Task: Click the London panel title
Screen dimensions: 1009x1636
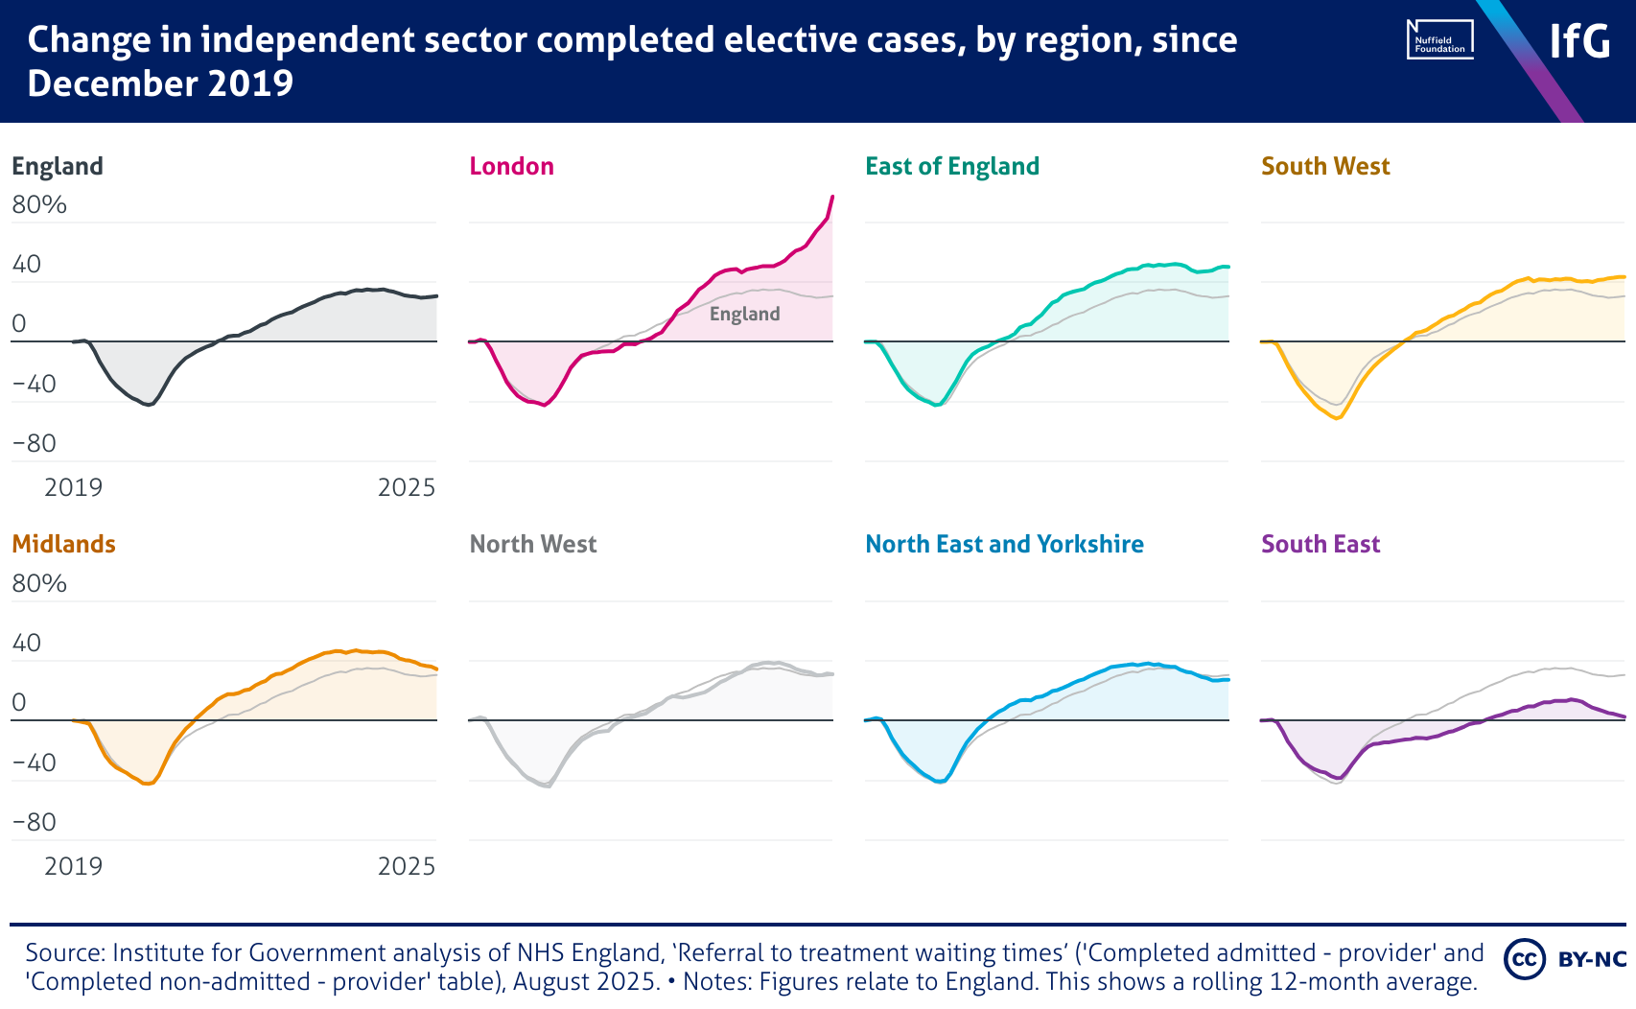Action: pos(511,166)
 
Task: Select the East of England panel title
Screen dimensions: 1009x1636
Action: pos(951,166)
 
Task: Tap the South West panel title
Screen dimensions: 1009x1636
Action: pos(1324,166)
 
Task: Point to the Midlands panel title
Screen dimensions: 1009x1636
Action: pos(63,544)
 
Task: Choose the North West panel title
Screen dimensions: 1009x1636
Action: pos(532,544)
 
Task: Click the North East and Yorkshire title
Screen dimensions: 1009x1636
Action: pos(1004,544)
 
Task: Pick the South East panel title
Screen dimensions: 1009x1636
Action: pos(1320,544)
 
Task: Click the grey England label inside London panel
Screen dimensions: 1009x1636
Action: pos(744,314)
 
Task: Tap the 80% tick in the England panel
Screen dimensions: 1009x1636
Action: pos(39,204)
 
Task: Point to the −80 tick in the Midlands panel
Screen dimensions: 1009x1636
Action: pos(34,822)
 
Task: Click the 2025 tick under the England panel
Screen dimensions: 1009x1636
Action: pos(406,487)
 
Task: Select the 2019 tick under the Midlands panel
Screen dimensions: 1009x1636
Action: pos(73,866)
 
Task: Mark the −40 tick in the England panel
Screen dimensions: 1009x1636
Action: pos(34,384)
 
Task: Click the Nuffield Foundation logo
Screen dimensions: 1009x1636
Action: pos(1439,40)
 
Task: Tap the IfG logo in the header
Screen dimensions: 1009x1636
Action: pos(1579,41)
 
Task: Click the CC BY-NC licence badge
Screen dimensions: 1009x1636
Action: pos(1565,959)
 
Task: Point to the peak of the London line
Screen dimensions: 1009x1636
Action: pos(831,197)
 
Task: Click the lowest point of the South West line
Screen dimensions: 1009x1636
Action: pos(1337,418)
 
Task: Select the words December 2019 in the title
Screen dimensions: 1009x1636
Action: pos(160,83)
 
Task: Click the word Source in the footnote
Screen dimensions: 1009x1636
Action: pos(64,952)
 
